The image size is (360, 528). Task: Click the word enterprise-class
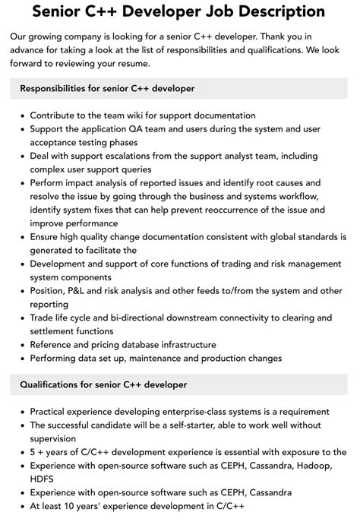coord(195,411)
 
